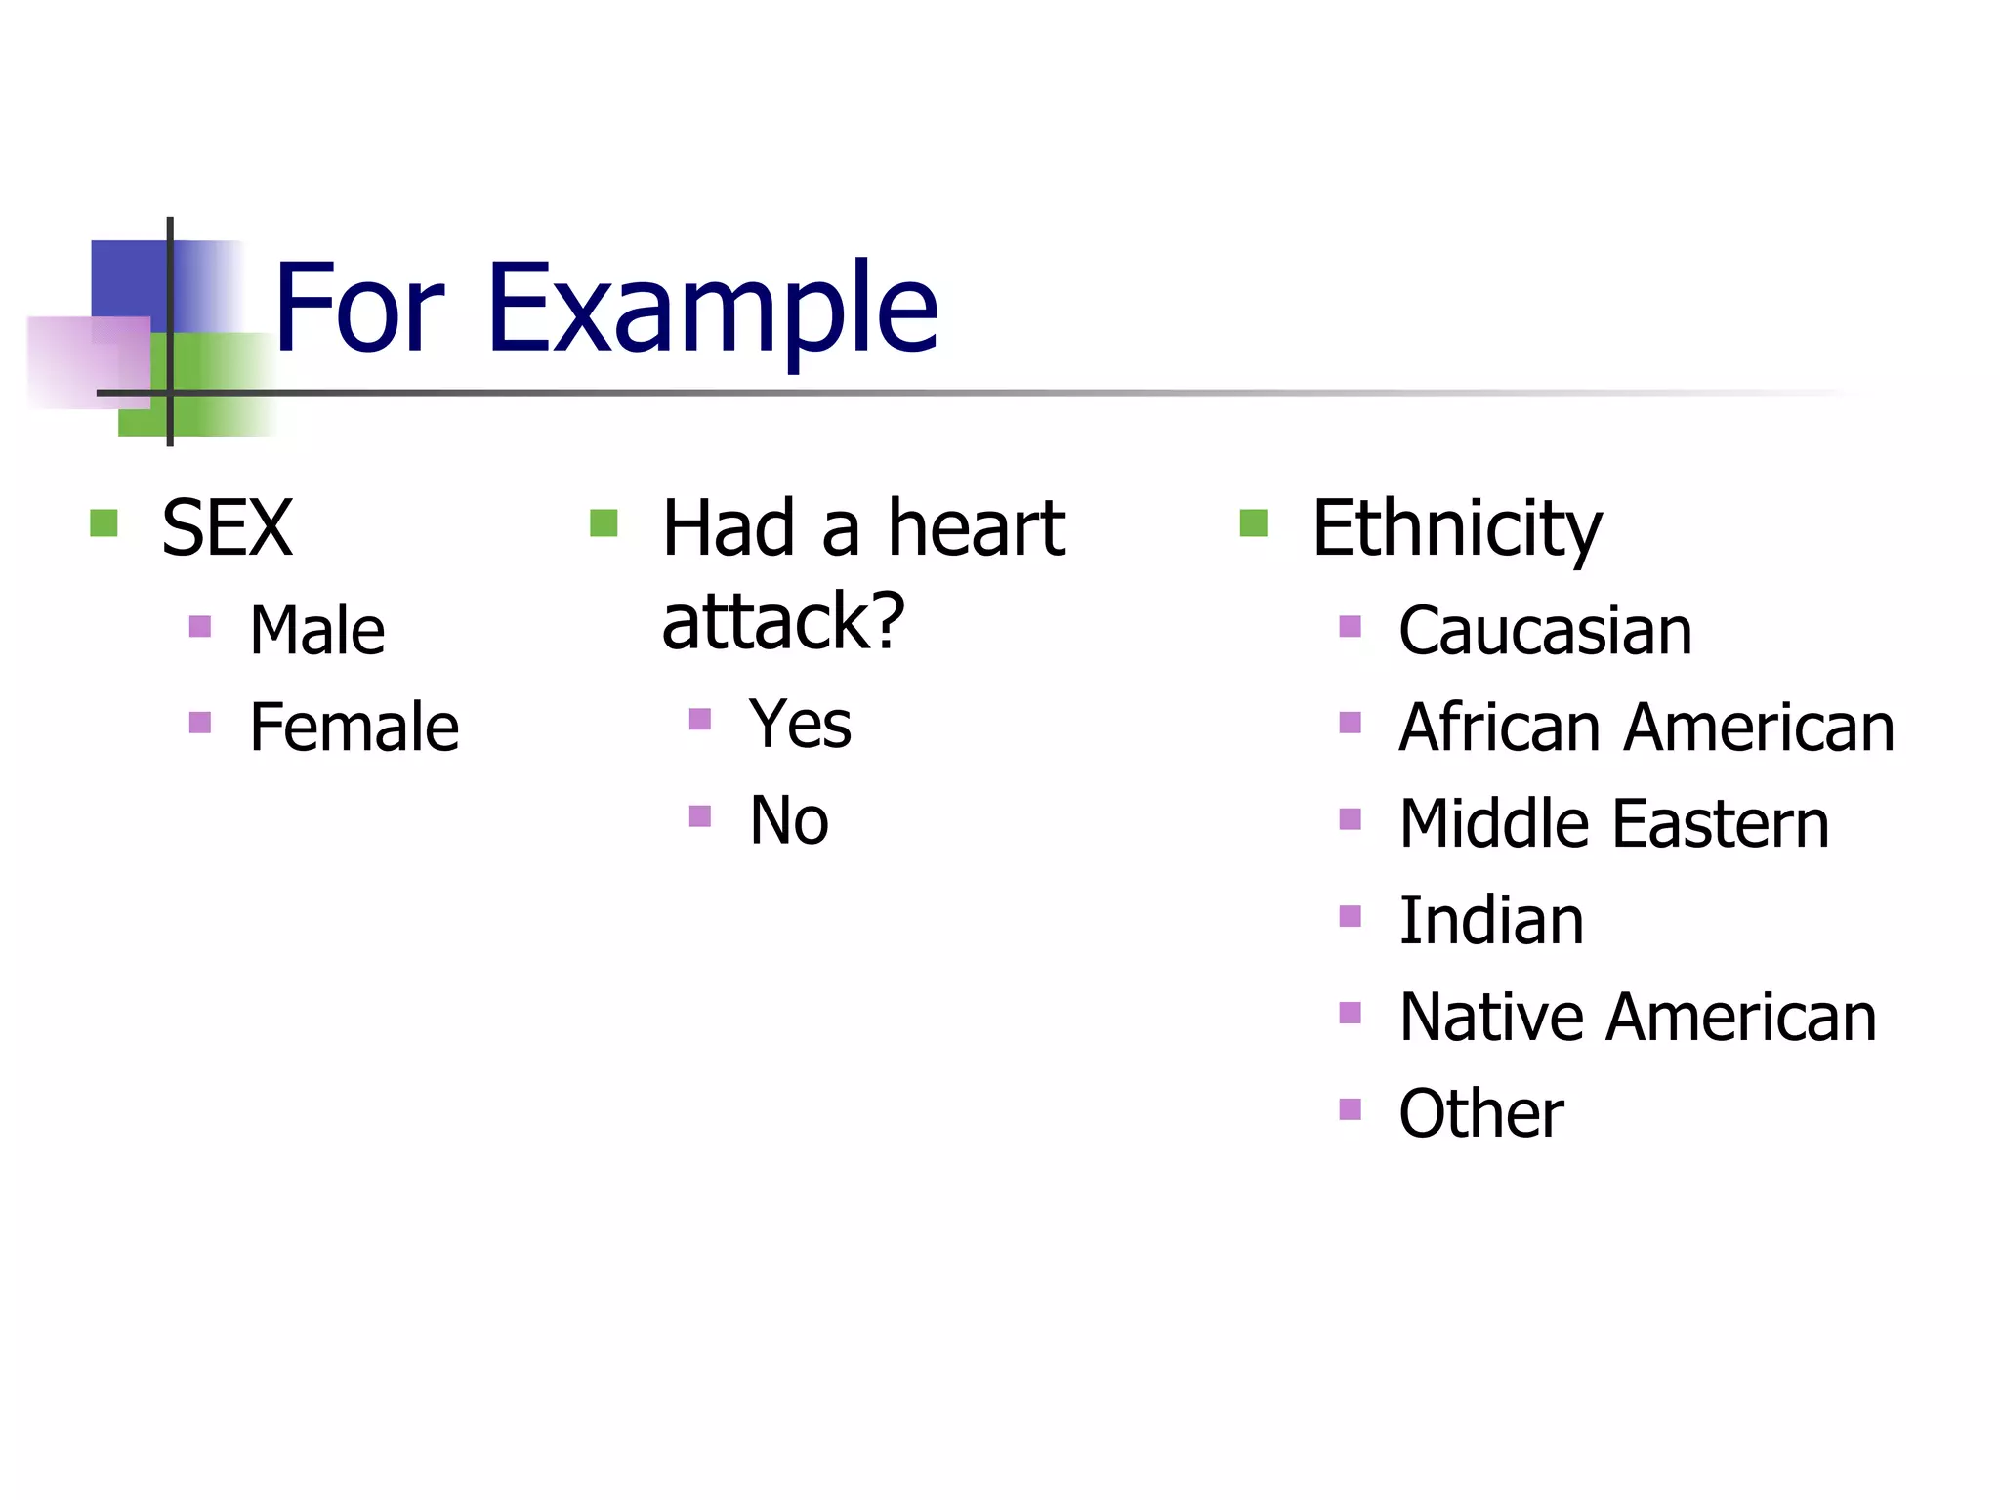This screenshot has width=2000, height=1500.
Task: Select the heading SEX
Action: click(x=227, y=528)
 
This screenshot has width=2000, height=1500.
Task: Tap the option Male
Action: click(x=316, y=631)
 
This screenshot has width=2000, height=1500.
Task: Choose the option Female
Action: click(x=354, y=728)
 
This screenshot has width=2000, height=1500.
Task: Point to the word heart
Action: click(x=976, y=528)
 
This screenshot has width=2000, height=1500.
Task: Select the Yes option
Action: click(x=800, y=725)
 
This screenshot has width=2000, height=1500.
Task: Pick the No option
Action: click(x=789, y=820)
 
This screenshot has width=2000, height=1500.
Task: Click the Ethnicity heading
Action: click(x=1456, y=528)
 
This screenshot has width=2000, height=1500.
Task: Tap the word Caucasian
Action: click(x=1545, y=631)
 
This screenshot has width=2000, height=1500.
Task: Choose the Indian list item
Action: click(x=1490, y=921)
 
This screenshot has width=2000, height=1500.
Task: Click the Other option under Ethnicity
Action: click(x=1480, y=1113)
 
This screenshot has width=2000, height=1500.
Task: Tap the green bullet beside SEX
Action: click(x=104, y=523)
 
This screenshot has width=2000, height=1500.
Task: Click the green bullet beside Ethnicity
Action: click(x=1253, y=523)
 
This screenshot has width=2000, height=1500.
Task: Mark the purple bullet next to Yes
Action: click(x=699, y=720)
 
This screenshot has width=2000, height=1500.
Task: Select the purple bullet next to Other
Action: click(x=1350, y=1109)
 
